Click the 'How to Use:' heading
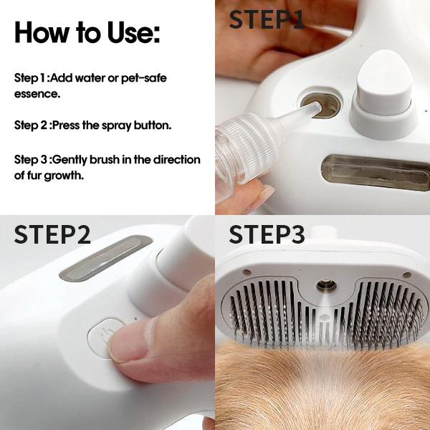coord(87,32)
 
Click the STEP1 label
coord(267,20)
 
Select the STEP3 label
coord(267,236)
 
